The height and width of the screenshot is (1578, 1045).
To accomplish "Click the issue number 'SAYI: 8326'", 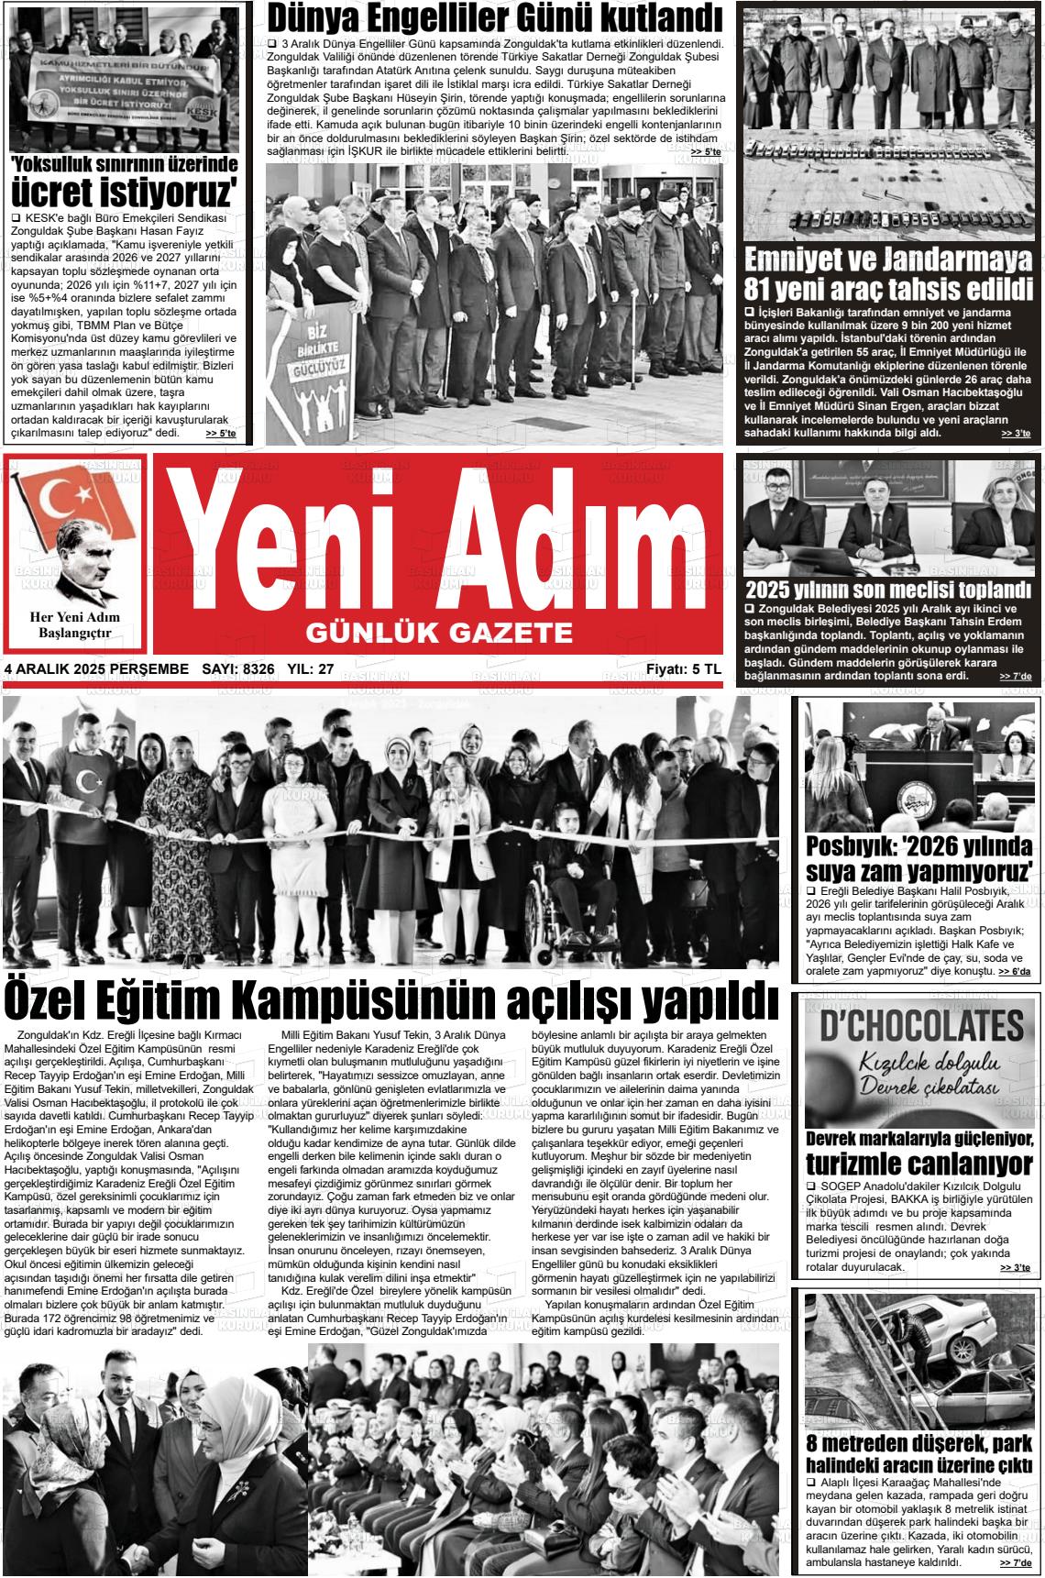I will coord(237,669).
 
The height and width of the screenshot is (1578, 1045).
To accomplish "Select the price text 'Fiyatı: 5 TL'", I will coord(683,669).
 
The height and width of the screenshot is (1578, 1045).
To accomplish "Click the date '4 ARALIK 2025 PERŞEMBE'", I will coord(96,669).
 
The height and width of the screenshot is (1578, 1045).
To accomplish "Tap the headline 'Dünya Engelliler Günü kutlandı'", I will coord(493,17).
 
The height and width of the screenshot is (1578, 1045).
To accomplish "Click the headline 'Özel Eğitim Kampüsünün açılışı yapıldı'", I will coord(390,1000).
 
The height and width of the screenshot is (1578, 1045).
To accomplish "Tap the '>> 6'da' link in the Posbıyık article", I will coord(1014,971).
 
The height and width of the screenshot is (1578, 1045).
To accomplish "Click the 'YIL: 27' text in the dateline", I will coord(311,669).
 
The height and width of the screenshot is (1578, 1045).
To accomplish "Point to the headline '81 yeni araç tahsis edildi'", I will coord(888,290).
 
